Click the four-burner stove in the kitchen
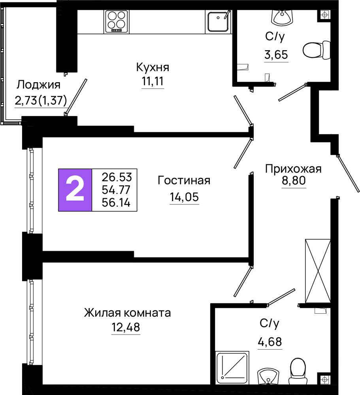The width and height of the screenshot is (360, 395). [x=117, y=22]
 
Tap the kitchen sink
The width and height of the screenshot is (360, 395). [x=218, y=21]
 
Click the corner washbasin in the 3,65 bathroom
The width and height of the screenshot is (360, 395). [x=282, y=17]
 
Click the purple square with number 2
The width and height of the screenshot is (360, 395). [x=75, y=190]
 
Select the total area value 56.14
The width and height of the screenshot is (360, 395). [x=117, y=203]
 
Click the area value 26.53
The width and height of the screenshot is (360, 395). [x=117, y=177]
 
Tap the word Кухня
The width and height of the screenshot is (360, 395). [x=153, y=67]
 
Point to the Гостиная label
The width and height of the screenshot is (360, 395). [x=184, y=181]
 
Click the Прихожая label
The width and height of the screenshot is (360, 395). [x=294, y=169]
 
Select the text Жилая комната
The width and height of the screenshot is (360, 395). [x=128, y=313]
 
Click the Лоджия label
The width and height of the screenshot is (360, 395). [x=39, y=85]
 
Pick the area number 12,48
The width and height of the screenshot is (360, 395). [x=126, y=327]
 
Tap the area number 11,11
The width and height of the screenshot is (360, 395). [x=153, y=81]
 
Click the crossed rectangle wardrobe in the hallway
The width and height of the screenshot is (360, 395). [x=318, y=271]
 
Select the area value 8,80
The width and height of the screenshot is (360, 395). [x=294, y=181]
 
